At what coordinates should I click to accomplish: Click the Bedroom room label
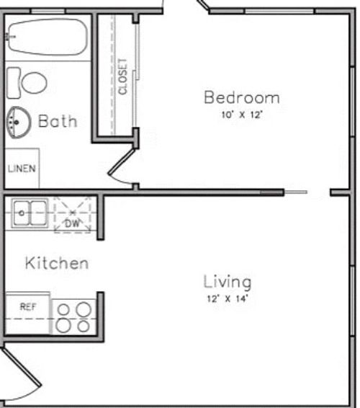click(241, 97)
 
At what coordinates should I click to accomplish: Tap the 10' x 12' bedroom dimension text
click(241, 114)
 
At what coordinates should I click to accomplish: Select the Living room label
click(227, 281)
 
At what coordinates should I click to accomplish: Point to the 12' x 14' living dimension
click(227, 298)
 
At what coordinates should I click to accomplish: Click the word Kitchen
click(57, 263)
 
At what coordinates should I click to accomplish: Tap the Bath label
click(57, 120)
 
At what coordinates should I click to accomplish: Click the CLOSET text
click(122, 76)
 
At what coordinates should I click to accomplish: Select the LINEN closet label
click(22, 169)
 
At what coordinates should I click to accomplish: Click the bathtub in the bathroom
click(47, 35)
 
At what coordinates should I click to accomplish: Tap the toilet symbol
click(33, 81)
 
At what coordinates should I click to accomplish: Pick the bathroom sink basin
click(19, 122)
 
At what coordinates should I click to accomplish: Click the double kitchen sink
click(30, 212)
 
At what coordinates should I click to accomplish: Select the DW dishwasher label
click(72, 223)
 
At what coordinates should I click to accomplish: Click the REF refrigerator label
click(27, 307)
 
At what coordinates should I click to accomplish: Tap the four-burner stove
click(74, 317)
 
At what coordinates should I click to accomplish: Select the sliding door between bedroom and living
click(295, 192)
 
